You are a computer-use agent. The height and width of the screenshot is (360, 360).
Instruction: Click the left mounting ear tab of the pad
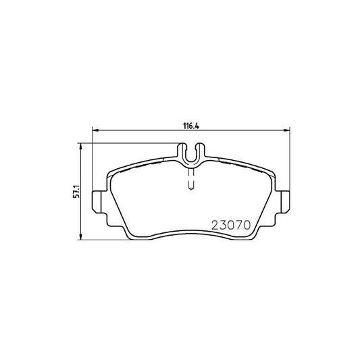97,201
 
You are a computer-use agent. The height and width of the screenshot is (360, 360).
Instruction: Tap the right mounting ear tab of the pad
287,201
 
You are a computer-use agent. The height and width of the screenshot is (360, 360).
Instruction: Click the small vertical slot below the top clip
191,178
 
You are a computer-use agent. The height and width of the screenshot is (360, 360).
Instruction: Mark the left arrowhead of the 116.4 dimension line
94,131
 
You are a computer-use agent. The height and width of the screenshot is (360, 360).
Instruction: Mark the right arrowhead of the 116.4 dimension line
289,131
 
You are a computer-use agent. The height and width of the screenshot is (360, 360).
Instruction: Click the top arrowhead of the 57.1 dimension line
82,145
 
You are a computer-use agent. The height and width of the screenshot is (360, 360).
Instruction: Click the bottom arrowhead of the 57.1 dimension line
82,238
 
